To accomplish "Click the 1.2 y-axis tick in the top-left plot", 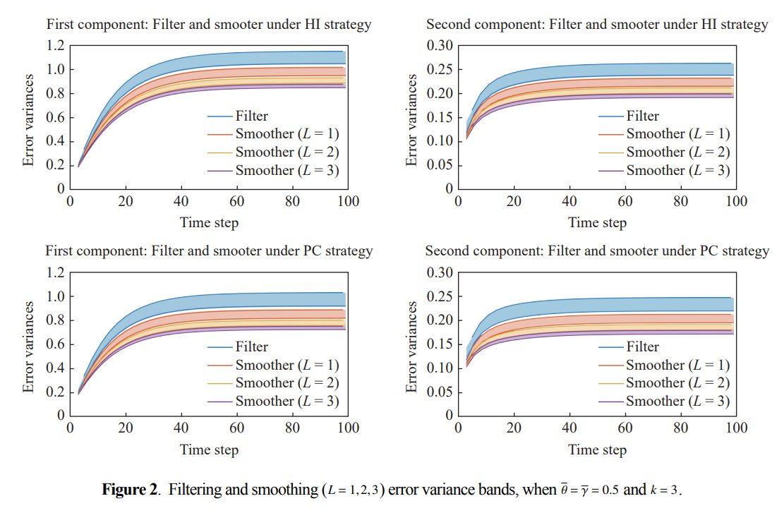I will point(56,45).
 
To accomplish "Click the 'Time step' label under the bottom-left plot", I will point(209,449).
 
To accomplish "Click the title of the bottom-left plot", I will point(209,251).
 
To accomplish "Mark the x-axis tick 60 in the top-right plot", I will point(625,201).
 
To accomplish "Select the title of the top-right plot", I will point(597,25).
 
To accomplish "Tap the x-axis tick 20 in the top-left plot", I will point(126,201).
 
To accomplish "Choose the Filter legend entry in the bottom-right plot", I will point(643,346).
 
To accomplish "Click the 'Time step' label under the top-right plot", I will point(597,222).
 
